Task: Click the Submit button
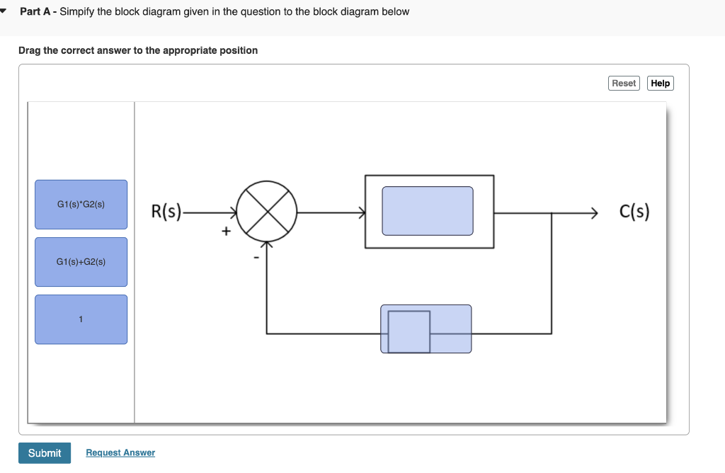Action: coord(45,453)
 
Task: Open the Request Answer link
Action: coord(120,453)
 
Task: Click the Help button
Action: coord(660,84)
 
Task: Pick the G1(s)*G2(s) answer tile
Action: coord(81,205)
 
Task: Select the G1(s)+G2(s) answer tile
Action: coord(81,262)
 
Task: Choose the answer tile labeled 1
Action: coord(81,319)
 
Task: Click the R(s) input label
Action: coord(166,211)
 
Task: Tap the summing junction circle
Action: coord(266,210)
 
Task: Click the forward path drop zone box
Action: coord(428,211)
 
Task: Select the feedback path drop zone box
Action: coord(426,329)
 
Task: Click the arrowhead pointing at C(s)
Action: coord(595,211)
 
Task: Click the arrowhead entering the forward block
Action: coord(361,211)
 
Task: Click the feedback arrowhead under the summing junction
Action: coord(266,245)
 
